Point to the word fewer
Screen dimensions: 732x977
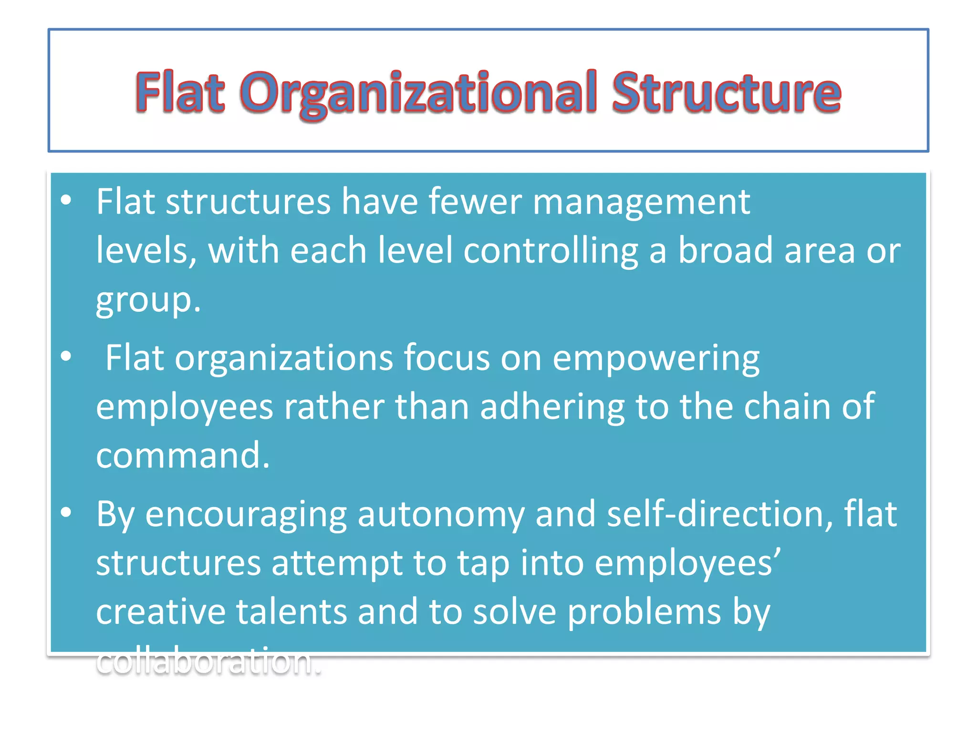coord(475,202)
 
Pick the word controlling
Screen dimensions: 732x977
coord(551,251)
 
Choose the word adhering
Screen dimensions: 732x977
coord(552,407)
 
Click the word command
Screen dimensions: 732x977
coord(183,455)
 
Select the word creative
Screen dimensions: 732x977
coord(161,612)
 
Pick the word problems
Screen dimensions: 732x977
coord(644,613)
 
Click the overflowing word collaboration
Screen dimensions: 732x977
coord(208,661)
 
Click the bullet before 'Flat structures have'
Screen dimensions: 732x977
coord(66,200)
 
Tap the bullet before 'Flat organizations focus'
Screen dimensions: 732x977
coord(66,356)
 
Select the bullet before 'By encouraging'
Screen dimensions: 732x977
coord(66,512)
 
